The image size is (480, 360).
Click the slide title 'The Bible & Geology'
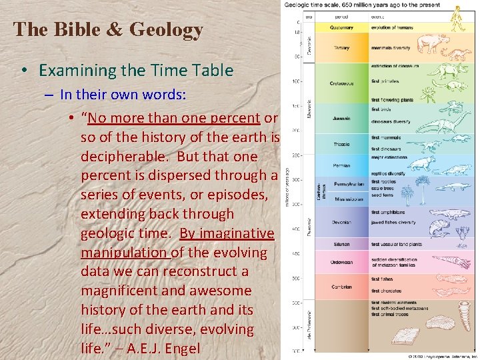pyautogui.click(x=108, y=30)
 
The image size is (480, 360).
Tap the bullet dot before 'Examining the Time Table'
pyautogui.click(x=23, y=71)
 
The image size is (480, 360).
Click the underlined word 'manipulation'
pyautogui.click(x=125, y=253)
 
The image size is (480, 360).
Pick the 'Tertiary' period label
pyautogui.click(x=341, y=47)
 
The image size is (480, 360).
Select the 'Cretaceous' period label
pyautogui.click(x=342, y=83)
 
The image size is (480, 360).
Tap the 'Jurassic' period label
pyautogui.click(x=341, y=119)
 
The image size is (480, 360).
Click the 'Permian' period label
pyautogui.click(x=341, y=165)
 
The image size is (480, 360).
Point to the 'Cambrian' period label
pyautogui.click(x=341, y=287)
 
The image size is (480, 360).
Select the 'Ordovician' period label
pyautogui.click(x=342, y=262)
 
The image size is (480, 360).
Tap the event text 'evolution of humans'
pyautogui.click(x=393, y=28)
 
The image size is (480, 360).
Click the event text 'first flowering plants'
pyautogui.click(x=393, y=99)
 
